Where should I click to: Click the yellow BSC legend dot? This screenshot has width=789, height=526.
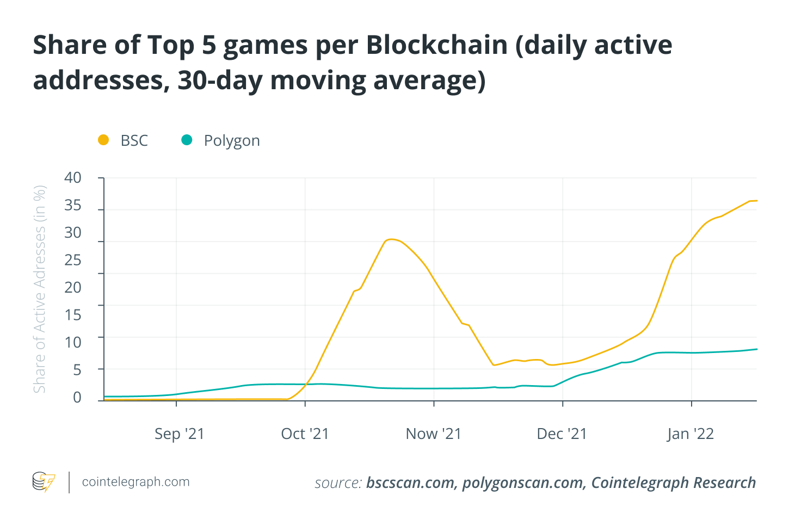click(103, 140)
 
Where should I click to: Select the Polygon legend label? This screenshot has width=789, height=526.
click(232, 140)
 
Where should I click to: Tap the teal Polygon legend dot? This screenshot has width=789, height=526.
click(187, 140)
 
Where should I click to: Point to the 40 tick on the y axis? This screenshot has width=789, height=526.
click(73, 178)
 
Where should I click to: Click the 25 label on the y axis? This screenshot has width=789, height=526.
click(73, 260)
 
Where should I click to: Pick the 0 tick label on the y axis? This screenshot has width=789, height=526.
click(77, 397)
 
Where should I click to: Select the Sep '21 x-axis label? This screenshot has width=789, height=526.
click(179, 434)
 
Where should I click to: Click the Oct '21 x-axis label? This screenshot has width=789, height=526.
click(305, 434)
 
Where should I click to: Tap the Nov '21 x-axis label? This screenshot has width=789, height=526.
click(433, 434)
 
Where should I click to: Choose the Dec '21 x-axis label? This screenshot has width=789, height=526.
click(562, 434)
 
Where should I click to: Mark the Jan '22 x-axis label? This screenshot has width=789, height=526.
click(690, 434)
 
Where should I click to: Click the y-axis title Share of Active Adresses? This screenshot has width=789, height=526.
click(40, 289)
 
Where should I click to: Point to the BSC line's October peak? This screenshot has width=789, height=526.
click(390, 239)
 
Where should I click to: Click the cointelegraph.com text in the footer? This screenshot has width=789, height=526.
click(135, 482)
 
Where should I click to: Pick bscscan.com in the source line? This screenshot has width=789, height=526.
click(411, 483)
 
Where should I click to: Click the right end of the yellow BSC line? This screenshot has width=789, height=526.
click(755, 201)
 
